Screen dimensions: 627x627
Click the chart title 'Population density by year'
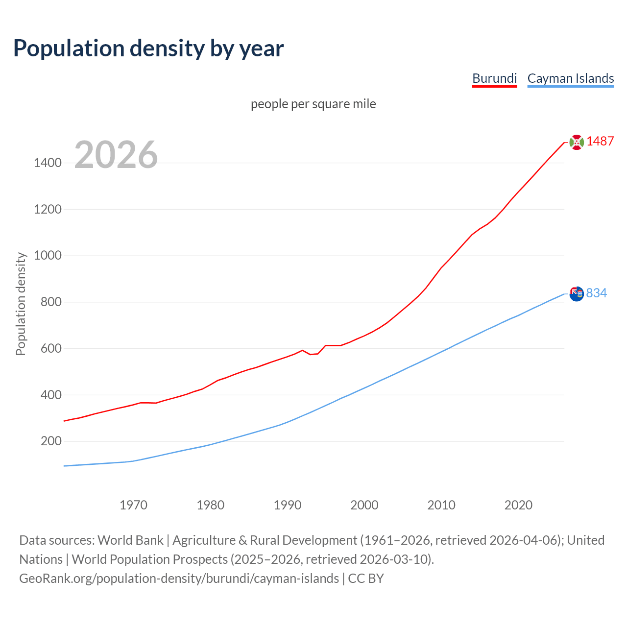point(148,48)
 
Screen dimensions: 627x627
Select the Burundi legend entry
point(494,78)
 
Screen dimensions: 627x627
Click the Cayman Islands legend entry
point(570,78)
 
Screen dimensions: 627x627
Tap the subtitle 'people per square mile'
point(313,104)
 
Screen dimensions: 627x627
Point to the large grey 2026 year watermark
point(116,155)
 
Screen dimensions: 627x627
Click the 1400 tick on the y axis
point(48,163)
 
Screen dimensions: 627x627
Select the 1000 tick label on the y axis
point(48,256)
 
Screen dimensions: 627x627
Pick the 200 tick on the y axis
point(51,441)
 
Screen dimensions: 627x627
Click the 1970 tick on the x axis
point(133,505)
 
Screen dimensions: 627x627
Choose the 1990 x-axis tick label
point(288,505)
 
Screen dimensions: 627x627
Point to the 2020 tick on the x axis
point(518,505)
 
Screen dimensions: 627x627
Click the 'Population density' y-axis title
point(21,304)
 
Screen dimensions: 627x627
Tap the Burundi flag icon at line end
point(577,142)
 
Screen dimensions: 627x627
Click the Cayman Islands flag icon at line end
point(577,294)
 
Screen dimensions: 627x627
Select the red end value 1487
point(600,142)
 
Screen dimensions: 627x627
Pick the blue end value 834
point(596,293)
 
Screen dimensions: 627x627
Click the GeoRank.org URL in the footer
point(179,579)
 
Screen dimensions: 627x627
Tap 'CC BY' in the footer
point(366,579)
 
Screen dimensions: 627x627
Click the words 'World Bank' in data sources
point(130,540)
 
